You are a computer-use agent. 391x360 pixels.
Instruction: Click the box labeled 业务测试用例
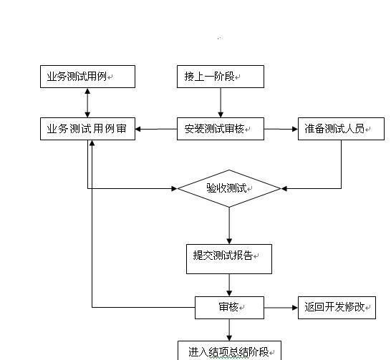coord(87,77)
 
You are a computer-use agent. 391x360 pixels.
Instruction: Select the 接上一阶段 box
coord(221,77)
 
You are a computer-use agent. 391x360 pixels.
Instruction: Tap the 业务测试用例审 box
coord(87,129)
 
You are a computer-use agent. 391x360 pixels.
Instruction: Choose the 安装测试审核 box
coord(221,129)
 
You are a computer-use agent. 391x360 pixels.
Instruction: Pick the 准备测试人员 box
coord(341,129)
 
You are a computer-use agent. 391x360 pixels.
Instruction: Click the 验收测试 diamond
coord(229,189)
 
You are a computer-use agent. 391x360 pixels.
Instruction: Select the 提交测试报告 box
coord(229,259)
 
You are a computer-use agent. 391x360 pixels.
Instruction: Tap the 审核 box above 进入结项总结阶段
coord(229,308)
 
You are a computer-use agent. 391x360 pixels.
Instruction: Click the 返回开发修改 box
coord(337,308)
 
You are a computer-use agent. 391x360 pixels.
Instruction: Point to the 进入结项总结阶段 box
coord(229,351)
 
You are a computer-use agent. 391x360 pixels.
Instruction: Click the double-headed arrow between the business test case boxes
coord(87,102)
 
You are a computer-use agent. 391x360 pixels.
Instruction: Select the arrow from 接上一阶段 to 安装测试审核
coord(221,102)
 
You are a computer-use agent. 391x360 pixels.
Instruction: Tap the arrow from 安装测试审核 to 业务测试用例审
coord(156,129)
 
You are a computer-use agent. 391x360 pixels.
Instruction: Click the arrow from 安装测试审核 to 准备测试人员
coord(281,129)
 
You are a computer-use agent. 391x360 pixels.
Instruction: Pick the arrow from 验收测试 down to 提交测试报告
coord(229,225)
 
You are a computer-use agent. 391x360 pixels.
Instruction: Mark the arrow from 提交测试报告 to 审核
coord(229,286)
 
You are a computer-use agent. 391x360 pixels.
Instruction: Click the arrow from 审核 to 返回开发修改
coord(281,308)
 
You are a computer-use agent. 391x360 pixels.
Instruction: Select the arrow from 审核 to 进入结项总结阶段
coord(229,330)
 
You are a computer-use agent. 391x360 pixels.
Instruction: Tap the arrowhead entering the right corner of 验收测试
coord(284,189)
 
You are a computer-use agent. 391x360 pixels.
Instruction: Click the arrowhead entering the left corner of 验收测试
coord(174,189)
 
